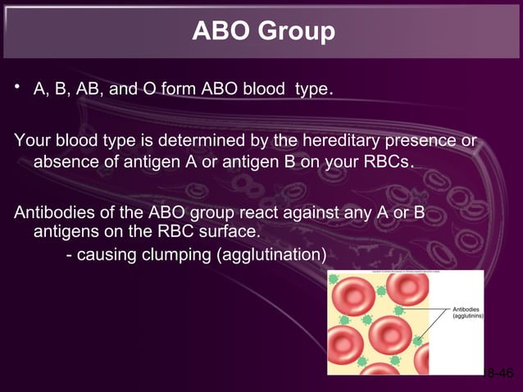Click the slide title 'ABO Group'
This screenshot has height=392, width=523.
click(262, 31)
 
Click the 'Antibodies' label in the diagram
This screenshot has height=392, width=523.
click(466, 309)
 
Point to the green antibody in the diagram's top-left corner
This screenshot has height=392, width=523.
click(334, 279)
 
